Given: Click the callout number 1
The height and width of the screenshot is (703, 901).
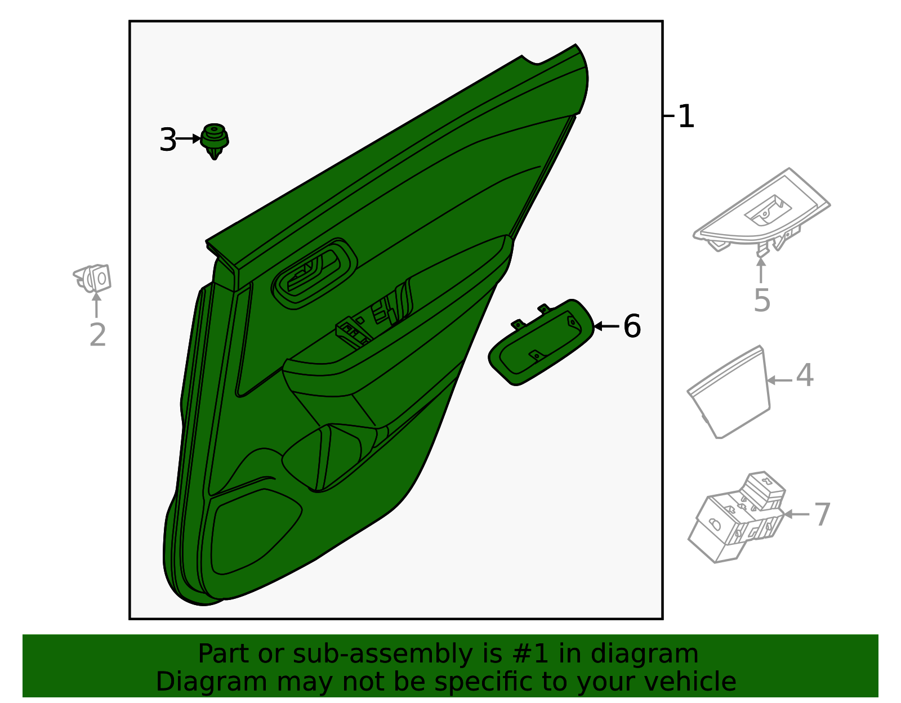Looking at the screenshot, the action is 686,117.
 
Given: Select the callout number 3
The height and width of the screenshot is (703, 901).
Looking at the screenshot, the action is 168,140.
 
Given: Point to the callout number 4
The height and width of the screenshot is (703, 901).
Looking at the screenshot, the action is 805,375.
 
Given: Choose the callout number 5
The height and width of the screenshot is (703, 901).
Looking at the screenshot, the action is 761,300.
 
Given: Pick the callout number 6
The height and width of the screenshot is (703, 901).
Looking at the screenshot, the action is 632,326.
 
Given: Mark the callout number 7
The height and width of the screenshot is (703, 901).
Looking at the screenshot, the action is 822,514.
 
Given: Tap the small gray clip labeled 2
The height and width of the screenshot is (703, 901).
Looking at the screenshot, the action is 93,278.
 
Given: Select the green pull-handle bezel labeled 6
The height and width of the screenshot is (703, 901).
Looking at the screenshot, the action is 541,342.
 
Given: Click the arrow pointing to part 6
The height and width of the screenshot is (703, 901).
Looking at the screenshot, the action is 606,326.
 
